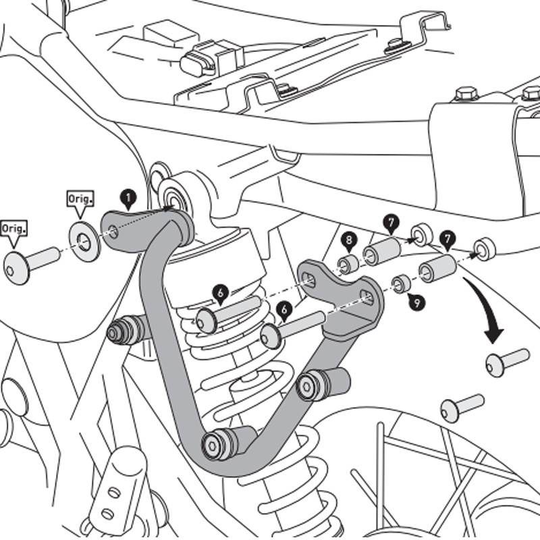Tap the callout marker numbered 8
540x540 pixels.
tap(348, 240)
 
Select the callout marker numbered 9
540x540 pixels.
tap(416, 302)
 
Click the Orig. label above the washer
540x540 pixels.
tap(80, 200)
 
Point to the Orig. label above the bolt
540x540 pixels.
tap(15, 228)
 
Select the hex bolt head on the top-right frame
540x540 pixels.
tap(465, 92)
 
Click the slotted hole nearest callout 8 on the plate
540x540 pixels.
tap(311, 277)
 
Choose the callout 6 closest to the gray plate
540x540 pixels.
tap(285, 310)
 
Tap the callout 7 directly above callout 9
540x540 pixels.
tap(447, 238)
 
